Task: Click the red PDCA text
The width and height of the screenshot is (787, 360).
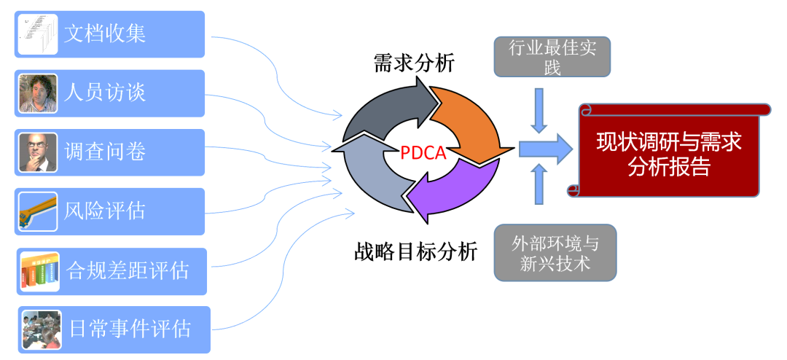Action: [x=423, y=153]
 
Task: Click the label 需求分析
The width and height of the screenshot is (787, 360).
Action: [x=414, y=63]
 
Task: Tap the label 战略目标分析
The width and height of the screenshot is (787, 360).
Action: [x=415, y=251]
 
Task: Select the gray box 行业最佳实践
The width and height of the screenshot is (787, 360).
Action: [x=552, y=57]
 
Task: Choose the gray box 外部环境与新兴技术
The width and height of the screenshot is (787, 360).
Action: [x=555, y=252]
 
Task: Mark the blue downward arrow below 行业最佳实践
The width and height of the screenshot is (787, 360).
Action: [x=539, y=110]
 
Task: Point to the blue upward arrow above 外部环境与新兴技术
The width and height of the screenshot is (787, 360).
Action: [x=539, y=183]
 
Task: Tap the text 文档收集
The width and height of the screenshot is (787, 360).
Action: [x=105, y=34]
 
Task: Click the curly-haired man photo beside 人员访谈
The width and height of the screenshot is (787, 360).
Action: [x=38, y=93]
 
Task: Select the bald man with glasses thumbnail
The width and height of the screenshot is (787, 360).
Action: [x=38, y=152]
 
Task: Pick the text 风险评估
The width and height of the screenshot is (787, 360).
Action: [x=105, y=211]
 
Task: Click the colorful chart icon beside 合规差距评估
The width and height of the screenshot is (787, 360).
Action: [x=39, y=271]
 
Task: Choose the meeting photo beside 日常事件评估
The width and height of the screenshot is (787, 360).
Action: [x=41, y=329]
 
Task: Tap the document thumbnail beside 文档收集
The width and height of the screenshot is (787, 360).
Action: [x=37, y=34]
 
